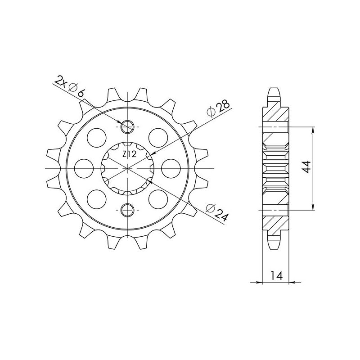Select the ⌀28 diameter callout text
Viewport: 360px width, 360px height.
[218, 108]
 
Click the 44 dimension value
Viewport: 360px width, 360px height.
[306, 167]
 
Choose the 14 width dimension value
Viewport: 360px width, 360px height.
[275, 276]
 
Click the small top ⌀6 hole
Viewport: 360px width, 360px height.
[128, 127]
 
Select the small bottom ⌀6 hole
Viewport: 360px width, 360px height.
[128, 209]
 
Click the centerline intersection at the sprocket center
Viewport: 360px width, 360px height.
[128, 168]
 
